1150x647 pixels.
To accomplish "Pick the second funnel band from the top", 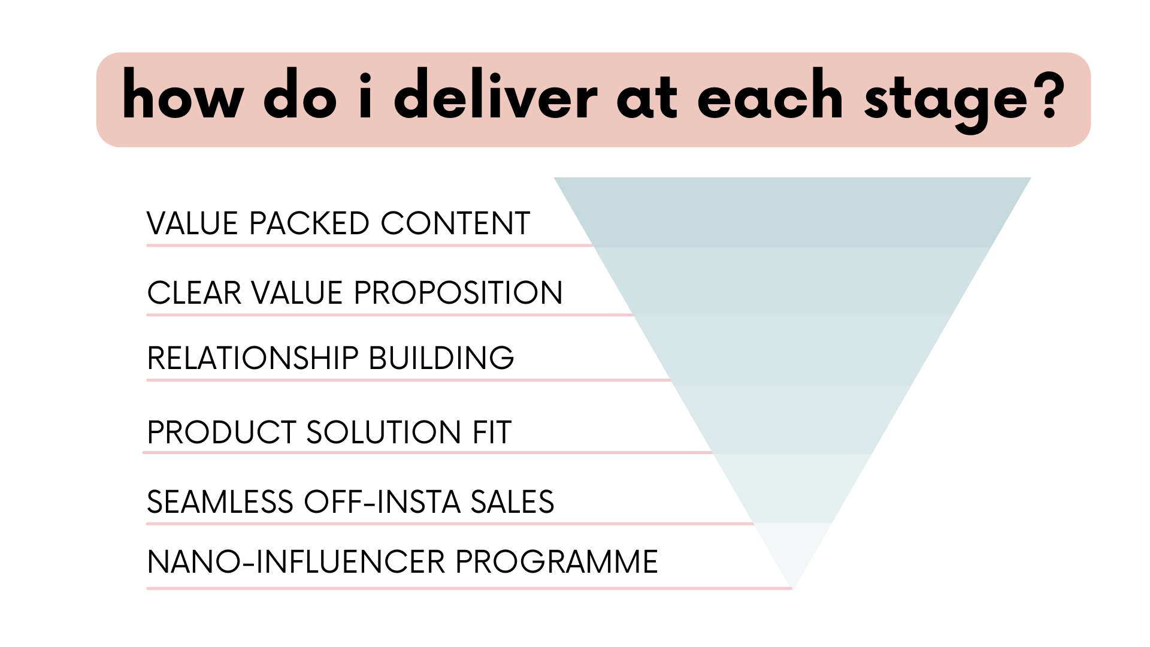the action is point(792,280).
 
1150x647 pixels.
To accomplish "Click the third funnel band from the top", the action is point(792,349).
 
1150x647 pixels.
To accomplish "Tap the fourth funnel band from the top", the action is point(792,418).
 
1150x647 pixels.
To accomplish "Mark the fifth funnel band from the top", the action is point(792,488).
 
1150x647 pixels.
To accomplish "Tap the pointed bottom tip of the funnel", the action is point(792,587).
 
